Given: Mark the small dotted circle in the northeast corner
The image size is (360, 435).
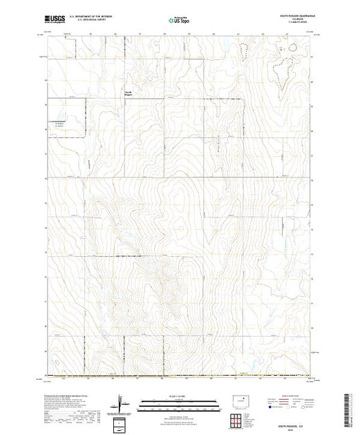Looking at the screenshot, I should (x=293, y=48).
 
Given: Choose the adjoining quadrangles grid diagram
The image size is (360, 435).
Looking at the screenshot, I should (x=239, y=419).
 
